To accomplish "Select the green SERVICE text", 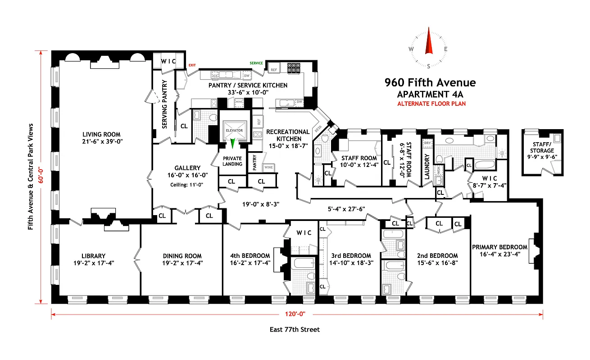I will point(256,63).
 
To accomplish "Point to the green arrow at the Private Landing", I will point(233,144).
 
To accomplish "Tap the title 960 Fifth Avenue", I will point(430,82).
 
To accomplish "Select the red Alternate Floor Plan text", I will point(431,103).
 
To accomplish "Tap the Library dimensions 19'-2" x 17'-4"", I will point(94,263).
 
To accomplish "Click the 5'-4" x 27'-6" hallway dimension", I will point(345,208).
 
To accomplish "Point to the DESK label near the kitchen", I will point(319,129).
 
